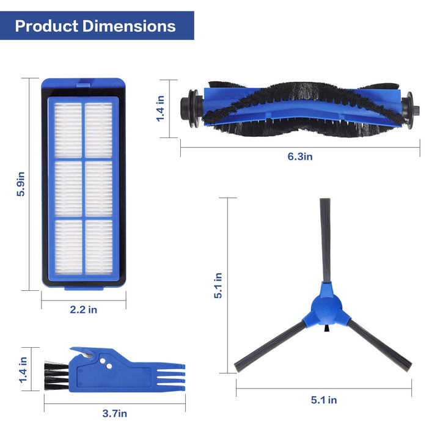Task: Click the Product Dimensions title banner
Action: click(x=96, y=26)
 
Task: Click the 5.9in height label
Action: click(x=21, y=184)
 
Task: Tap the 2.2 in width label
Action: click(x=84, y=310)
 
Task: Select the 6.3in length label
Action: click(x=300, y=156)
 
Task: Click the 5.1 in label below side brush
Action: click(x=324, y=400)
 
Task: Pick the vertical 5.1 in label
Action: click(x=218, y=285)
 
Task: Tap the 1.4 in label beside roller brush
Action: click(x=160, y=107)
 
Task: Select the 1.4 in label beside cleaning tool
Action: click(x=23, y=370)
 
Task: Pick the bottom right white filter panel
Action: click(x=98, y=247)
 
